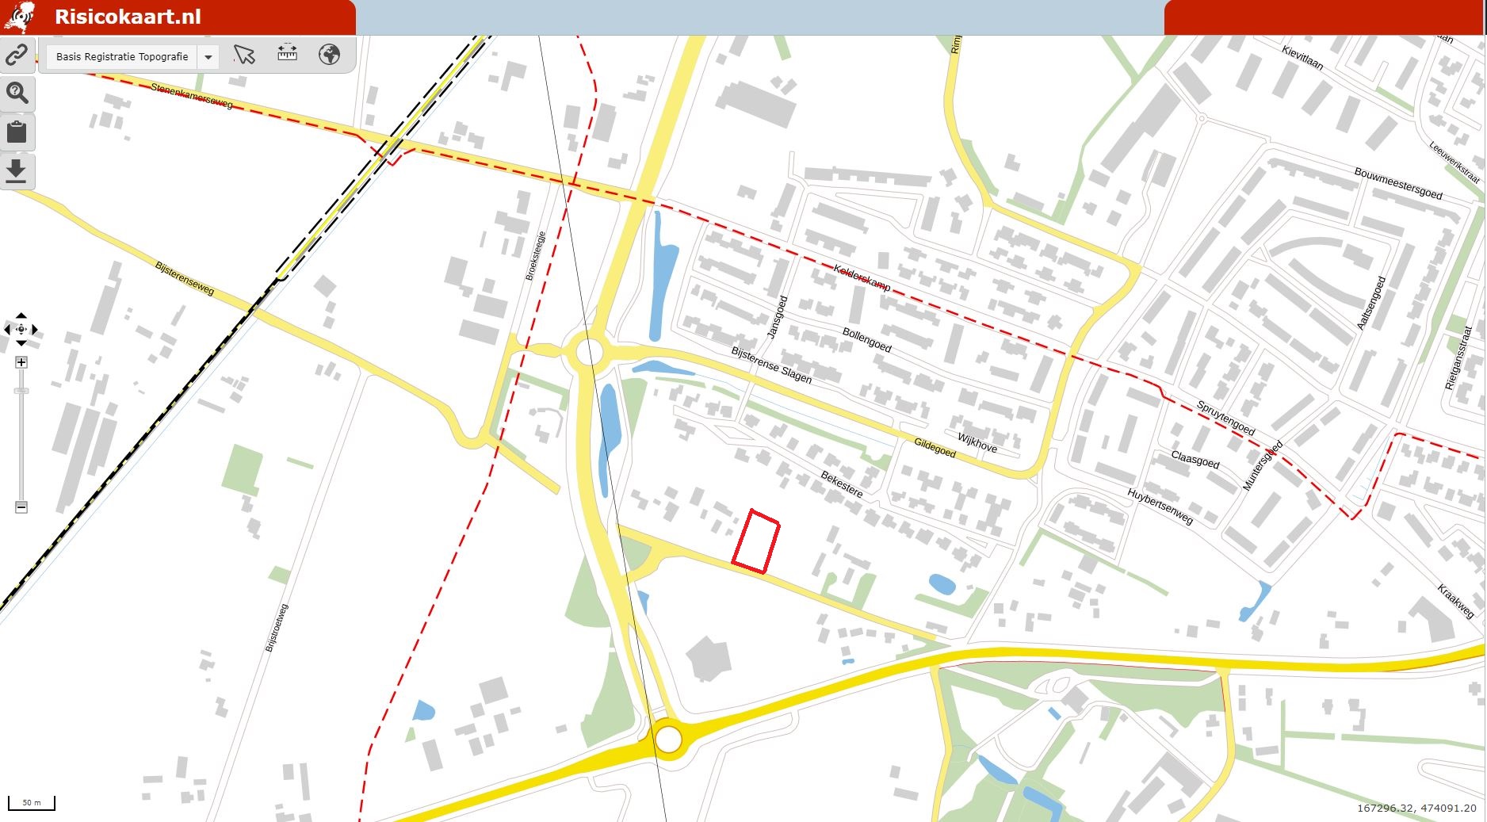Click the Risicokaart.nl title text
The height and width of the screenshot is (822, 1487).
click(127, 17)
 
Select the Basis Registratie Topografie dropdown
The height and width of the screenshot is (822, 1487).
click(131, 57)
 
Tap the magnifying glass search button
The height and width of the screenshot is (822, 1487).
click(17, 93)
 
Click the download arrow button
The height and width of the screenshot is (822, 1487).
click(17, 170)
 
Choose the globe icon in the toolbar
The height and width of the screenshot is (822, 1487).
click(329, 55)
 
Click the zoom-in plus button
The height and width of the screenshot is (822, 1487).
click(21, 362)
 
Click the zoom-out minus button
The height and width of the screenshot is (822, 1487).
click(21, 507)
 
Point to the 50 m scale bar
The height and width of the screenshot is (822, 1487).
click(32, 803)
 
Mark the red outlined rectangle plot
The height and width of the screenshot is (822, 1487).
click(755, 541)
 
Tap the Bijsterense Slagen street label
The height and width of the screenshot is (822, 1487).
click(771, 365)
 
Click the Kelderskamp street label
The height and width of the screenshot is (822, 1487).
click(862, 278)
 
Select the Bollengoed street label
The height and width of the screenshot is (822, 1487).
click(866, 340)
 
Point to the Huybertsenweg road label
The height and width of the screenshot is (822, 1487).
click(1160, 507)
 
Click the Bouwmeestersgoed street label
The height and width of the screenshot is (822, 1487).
click(1397, 183)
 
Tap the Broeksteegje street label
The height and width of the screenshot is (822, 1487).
click(536, 256)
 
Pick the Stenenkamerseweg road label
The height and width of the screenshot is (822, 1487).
click(192, 96)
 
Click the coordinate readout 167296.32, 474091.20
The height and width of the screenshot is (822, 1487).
click(1416, 809)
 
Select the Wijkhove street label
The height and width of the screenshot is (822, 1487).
click(977, 443)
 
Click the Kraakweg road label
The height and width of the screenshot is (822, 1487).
click(1455, 601)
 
